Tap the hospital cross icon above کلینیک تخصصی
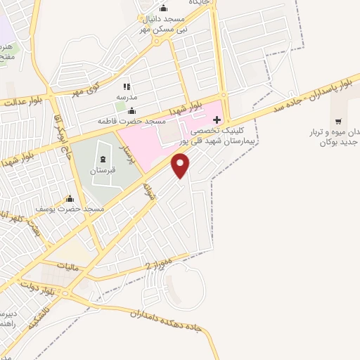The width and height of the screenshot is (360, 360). (217, 120)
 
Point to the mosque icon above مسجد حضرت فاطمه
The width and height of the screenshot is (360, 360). (131, 111)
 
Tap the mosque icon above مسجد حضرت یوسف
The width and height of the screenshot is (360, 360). (69, 198)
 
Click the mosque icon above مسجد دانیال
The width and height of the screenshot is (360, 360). (164, 8)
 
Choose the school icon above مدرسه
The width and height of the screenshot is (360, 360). (127, 86)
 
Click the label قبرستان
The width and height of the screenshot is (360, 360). (103, 171)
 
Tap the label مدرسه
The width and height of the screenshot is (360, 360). (127, 96)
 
